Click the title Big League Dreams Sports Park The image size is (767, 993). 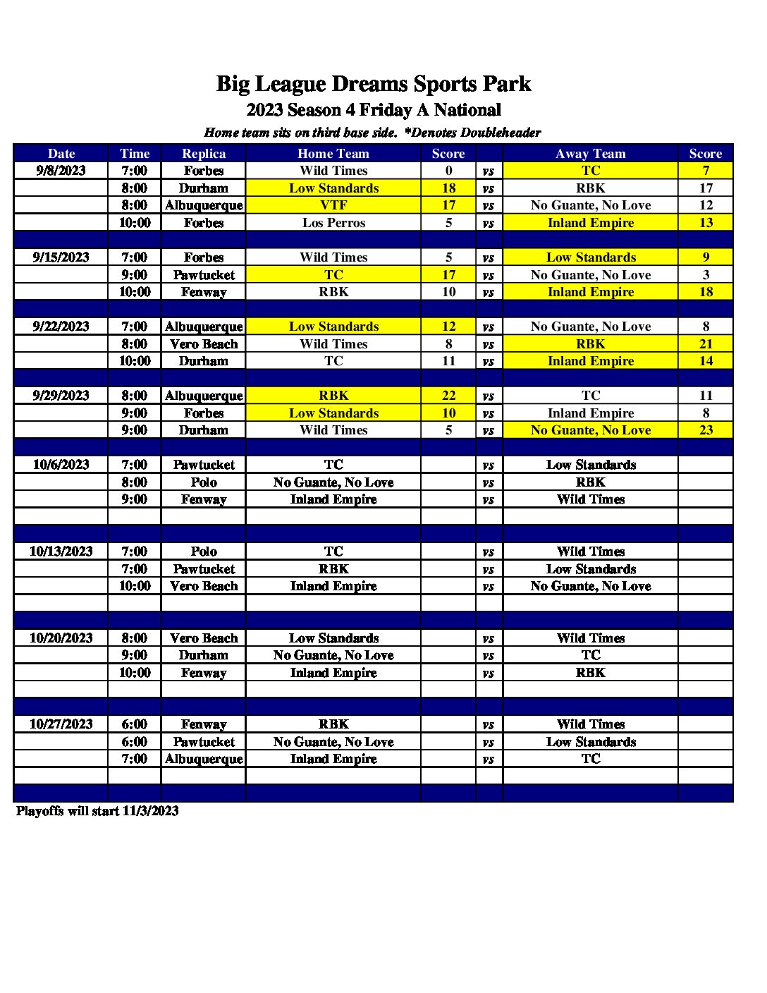373,85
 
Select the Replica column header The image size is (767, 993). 204,154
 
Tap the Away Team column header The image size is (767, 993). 590,154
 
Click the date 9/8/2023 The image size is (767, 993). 61,171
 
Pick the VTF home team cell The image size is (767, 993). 333,205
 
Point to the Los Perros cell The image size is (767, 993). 333,223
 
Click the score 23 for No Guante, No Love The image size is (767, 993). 706,430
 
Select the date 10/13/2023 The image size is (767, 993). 61,552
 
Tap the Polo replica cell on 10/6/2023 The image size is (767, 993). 204,482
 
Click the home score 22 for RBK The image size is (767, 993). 448,396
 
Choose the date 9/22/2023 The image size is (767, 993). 61,327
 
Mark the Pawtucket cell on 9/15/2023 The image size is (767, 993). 204,275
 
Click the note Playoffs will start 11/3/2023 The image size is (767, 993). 97,811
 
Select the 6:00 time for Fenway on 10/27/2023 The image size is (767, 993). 134,724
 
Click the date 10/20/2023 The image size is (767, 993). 61,638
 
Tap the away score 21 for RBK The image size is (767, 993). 706,344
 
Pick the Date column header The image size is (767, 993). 61,154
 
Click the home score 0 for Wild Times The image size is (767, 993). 448,171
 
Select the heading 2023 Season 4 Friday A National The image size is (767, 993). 373,110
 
